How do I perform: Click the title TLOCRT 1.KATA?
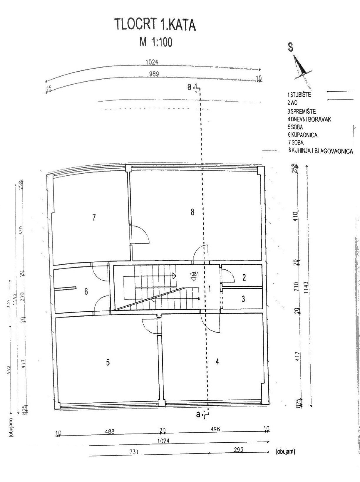click(155, 25)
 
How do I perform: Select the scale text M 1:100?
click(156, 42)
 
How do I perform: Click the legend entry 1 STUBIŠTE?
click(299, 95)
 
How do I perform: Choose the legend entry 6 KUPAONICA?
click(302, 135)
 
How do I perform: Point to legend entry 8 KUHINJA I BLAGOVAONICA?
click(320, 151)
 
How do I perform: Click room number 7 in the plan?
click(94, 218)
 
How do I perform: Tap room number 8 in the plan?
click(192, 212)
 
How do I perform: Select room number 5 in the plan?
click(108, 362)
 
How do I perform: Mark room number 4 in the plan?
click(217, 362)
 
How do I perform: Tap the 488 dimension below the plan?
click(109, 431)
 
